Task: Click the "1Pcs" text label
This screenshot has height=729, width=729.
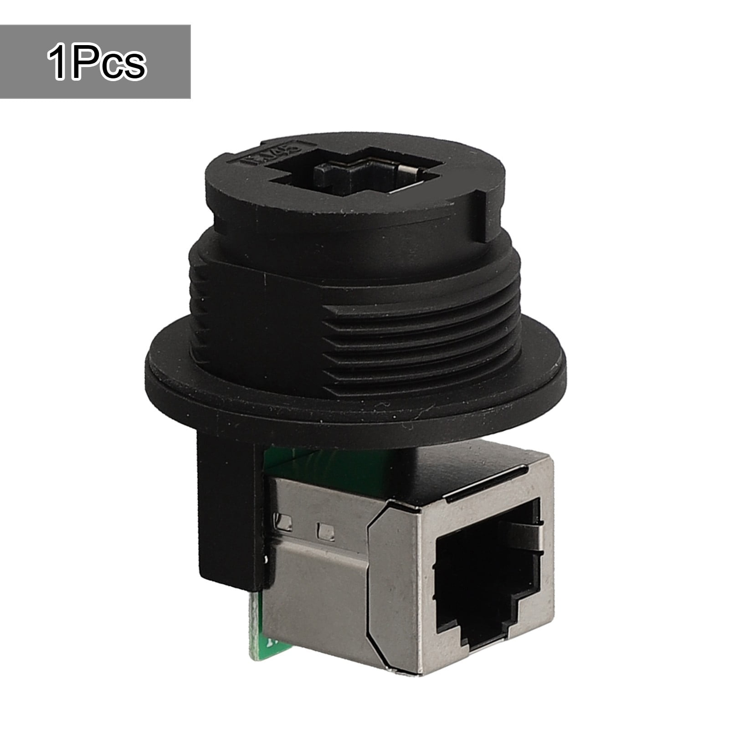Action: click(x=96, y=62)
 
